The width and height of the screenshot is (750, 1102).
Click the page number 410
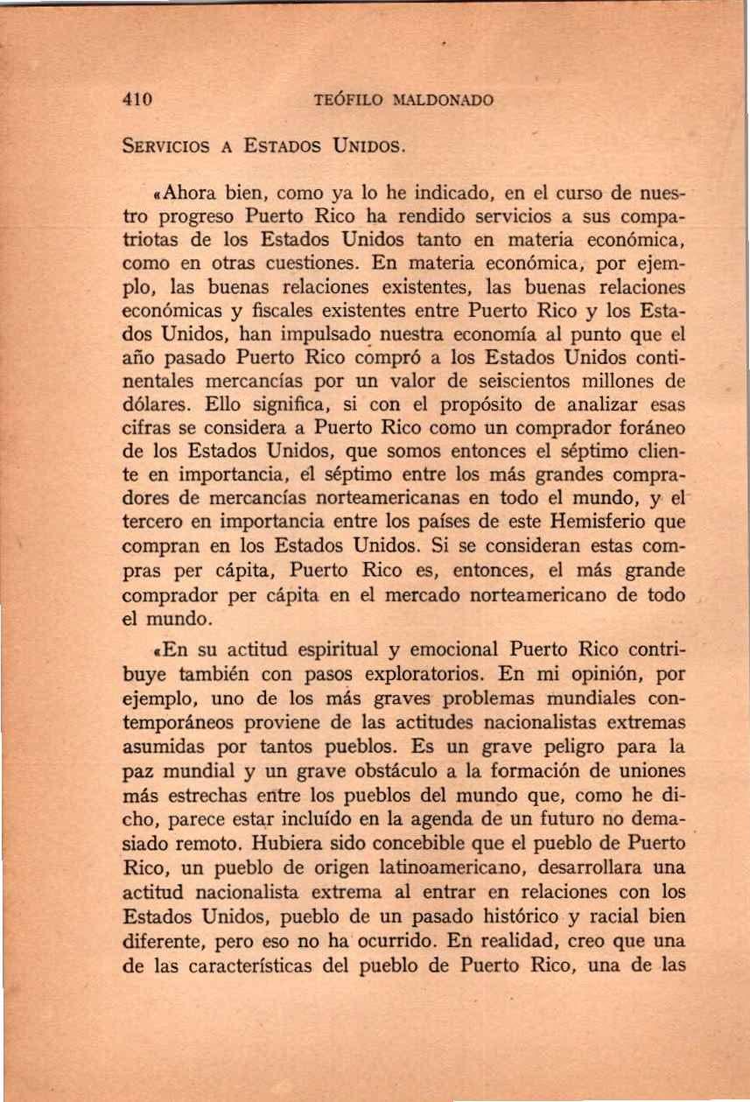tap(137, 100)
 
